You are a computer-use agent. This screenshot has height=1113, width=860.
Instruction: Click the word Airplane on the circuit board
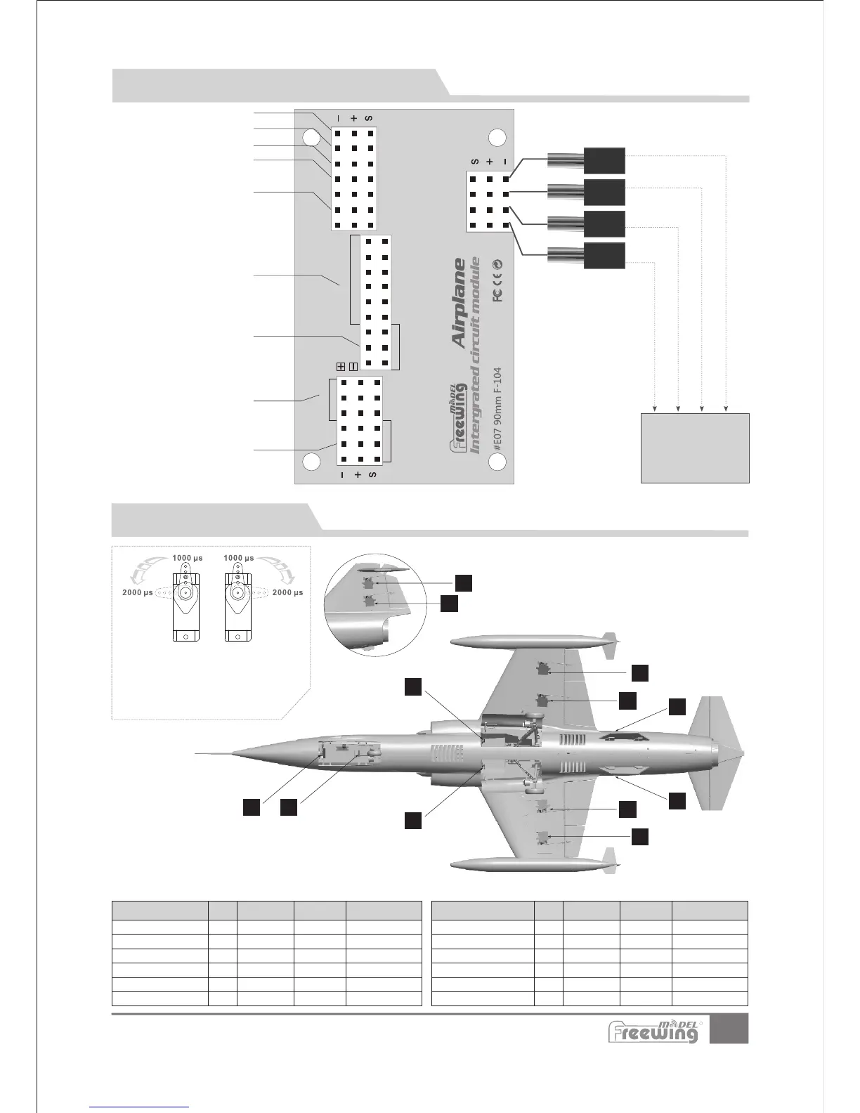[459, 303]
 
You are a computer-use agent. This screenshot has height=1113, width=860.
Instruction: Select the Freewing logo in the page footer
[653, 1031]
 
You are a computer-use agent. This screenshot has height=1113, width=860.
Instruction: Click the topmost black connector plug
[604, 161]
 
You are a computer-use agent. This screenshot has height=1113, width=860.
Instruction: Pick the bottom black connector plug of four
[604, 256]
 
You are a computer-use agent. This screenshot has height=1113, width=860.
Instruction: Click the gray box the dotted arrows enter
[695, 448]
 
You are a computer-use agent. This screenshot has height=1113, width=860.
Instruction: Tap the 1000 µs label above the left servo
[188, 558]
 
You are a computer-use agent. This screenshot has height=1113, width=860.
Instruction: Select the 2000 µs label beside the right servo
[288, 592]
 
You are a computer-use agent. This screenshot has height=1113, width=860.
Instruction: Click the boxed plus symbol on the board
[341, 366]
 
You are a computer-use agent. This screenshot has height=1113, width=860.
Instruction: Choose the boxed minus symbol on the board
[353, 366]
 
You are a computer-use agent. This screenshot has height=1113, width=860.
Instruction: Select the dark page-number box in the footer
[729, 1029]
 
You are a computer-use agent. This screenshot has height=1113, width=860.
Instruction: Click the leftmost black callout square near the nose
[252, 807]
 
